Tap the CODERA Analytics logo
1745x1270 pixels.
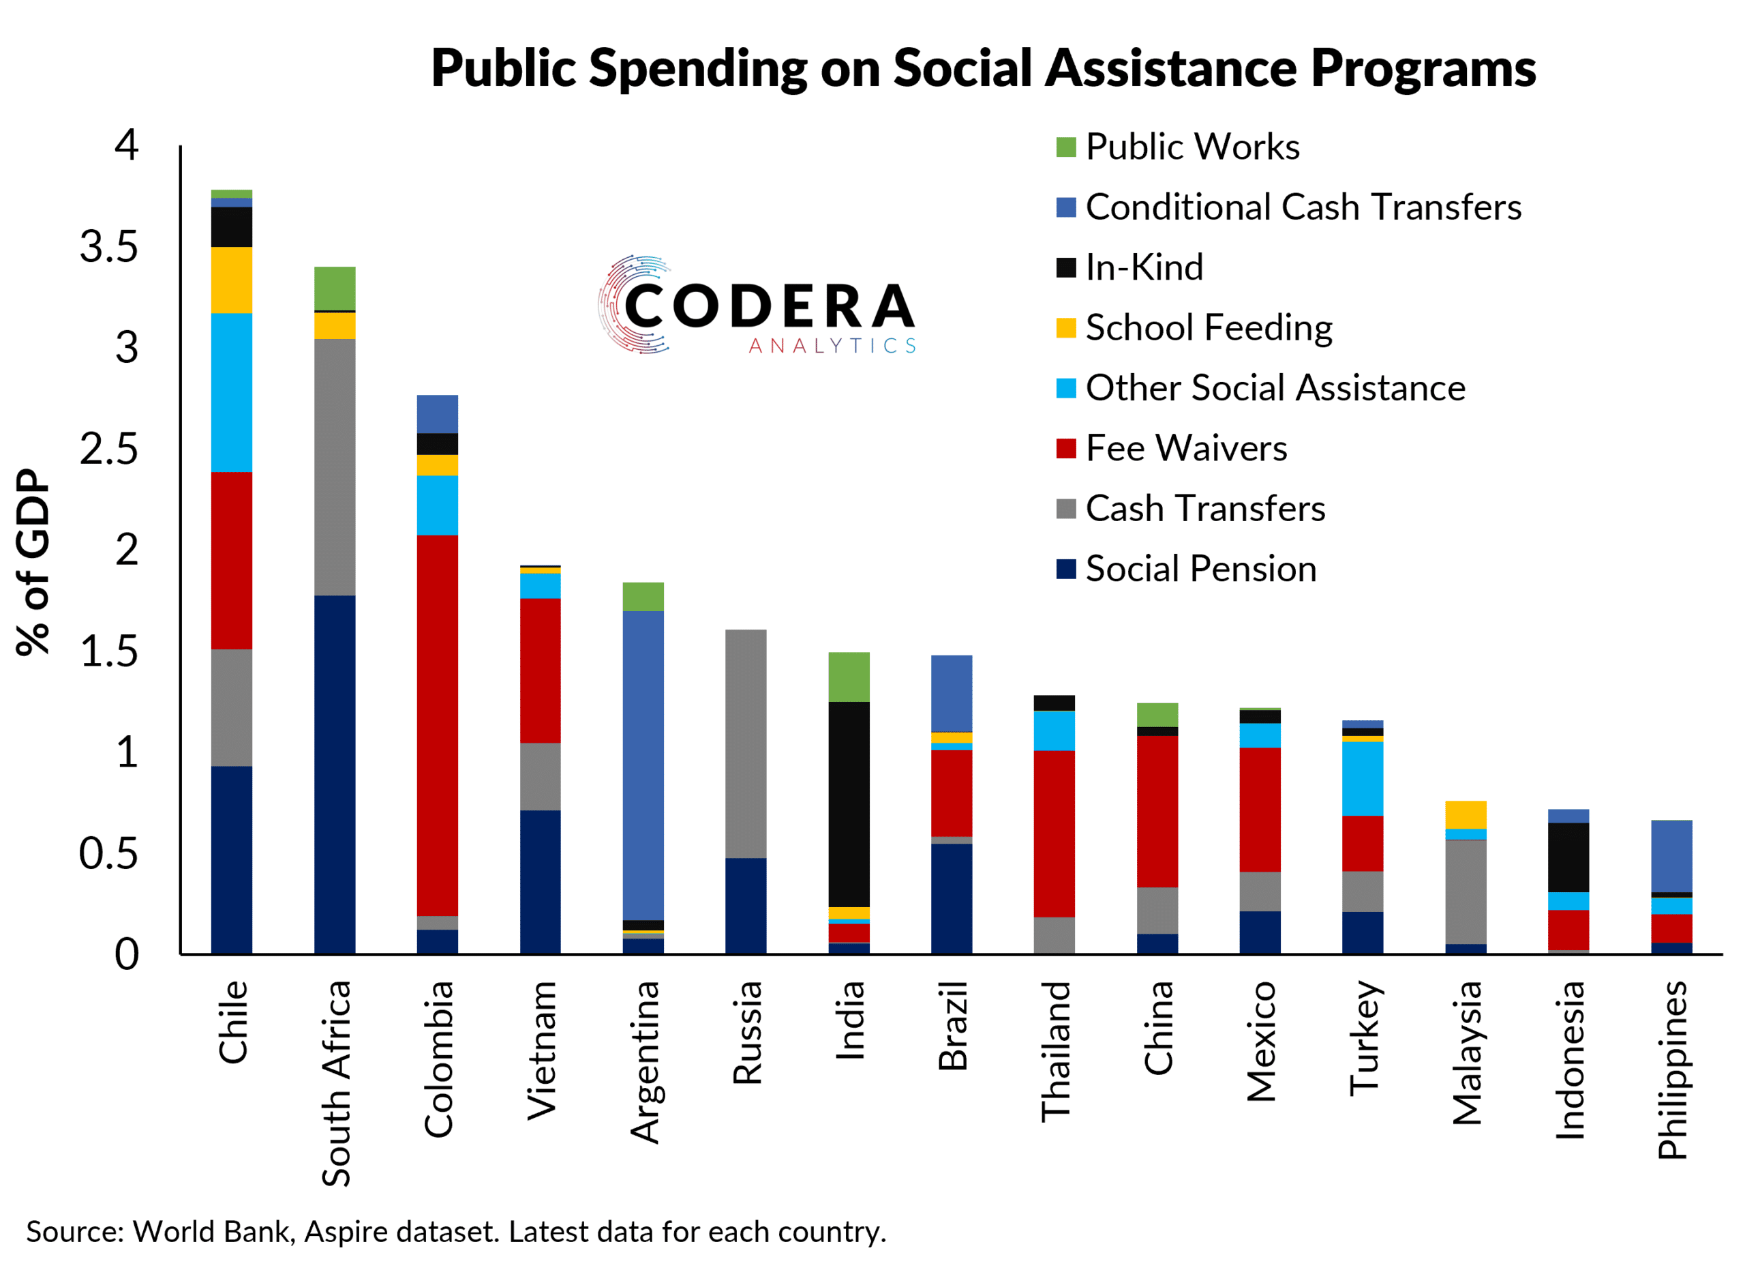coord(758,306)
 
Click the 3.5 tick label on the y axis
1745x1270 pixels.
coord(109,247)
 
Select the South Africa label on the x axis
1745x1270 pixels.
coord(336,1084)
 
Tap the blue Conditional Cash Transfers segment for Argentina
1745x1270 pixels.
coord(643,765)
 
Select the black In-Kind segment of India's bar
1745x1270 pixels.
coord(849,804)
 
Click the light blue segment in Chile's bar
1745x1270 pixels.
coord(232,393)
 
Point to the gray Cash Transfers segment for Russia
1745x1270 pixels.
coord(746,743)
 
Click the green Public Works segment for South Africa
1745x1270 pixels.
coord(335,289)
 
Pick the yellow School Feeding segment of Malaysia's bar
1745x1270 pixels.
coord(1466,814)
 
